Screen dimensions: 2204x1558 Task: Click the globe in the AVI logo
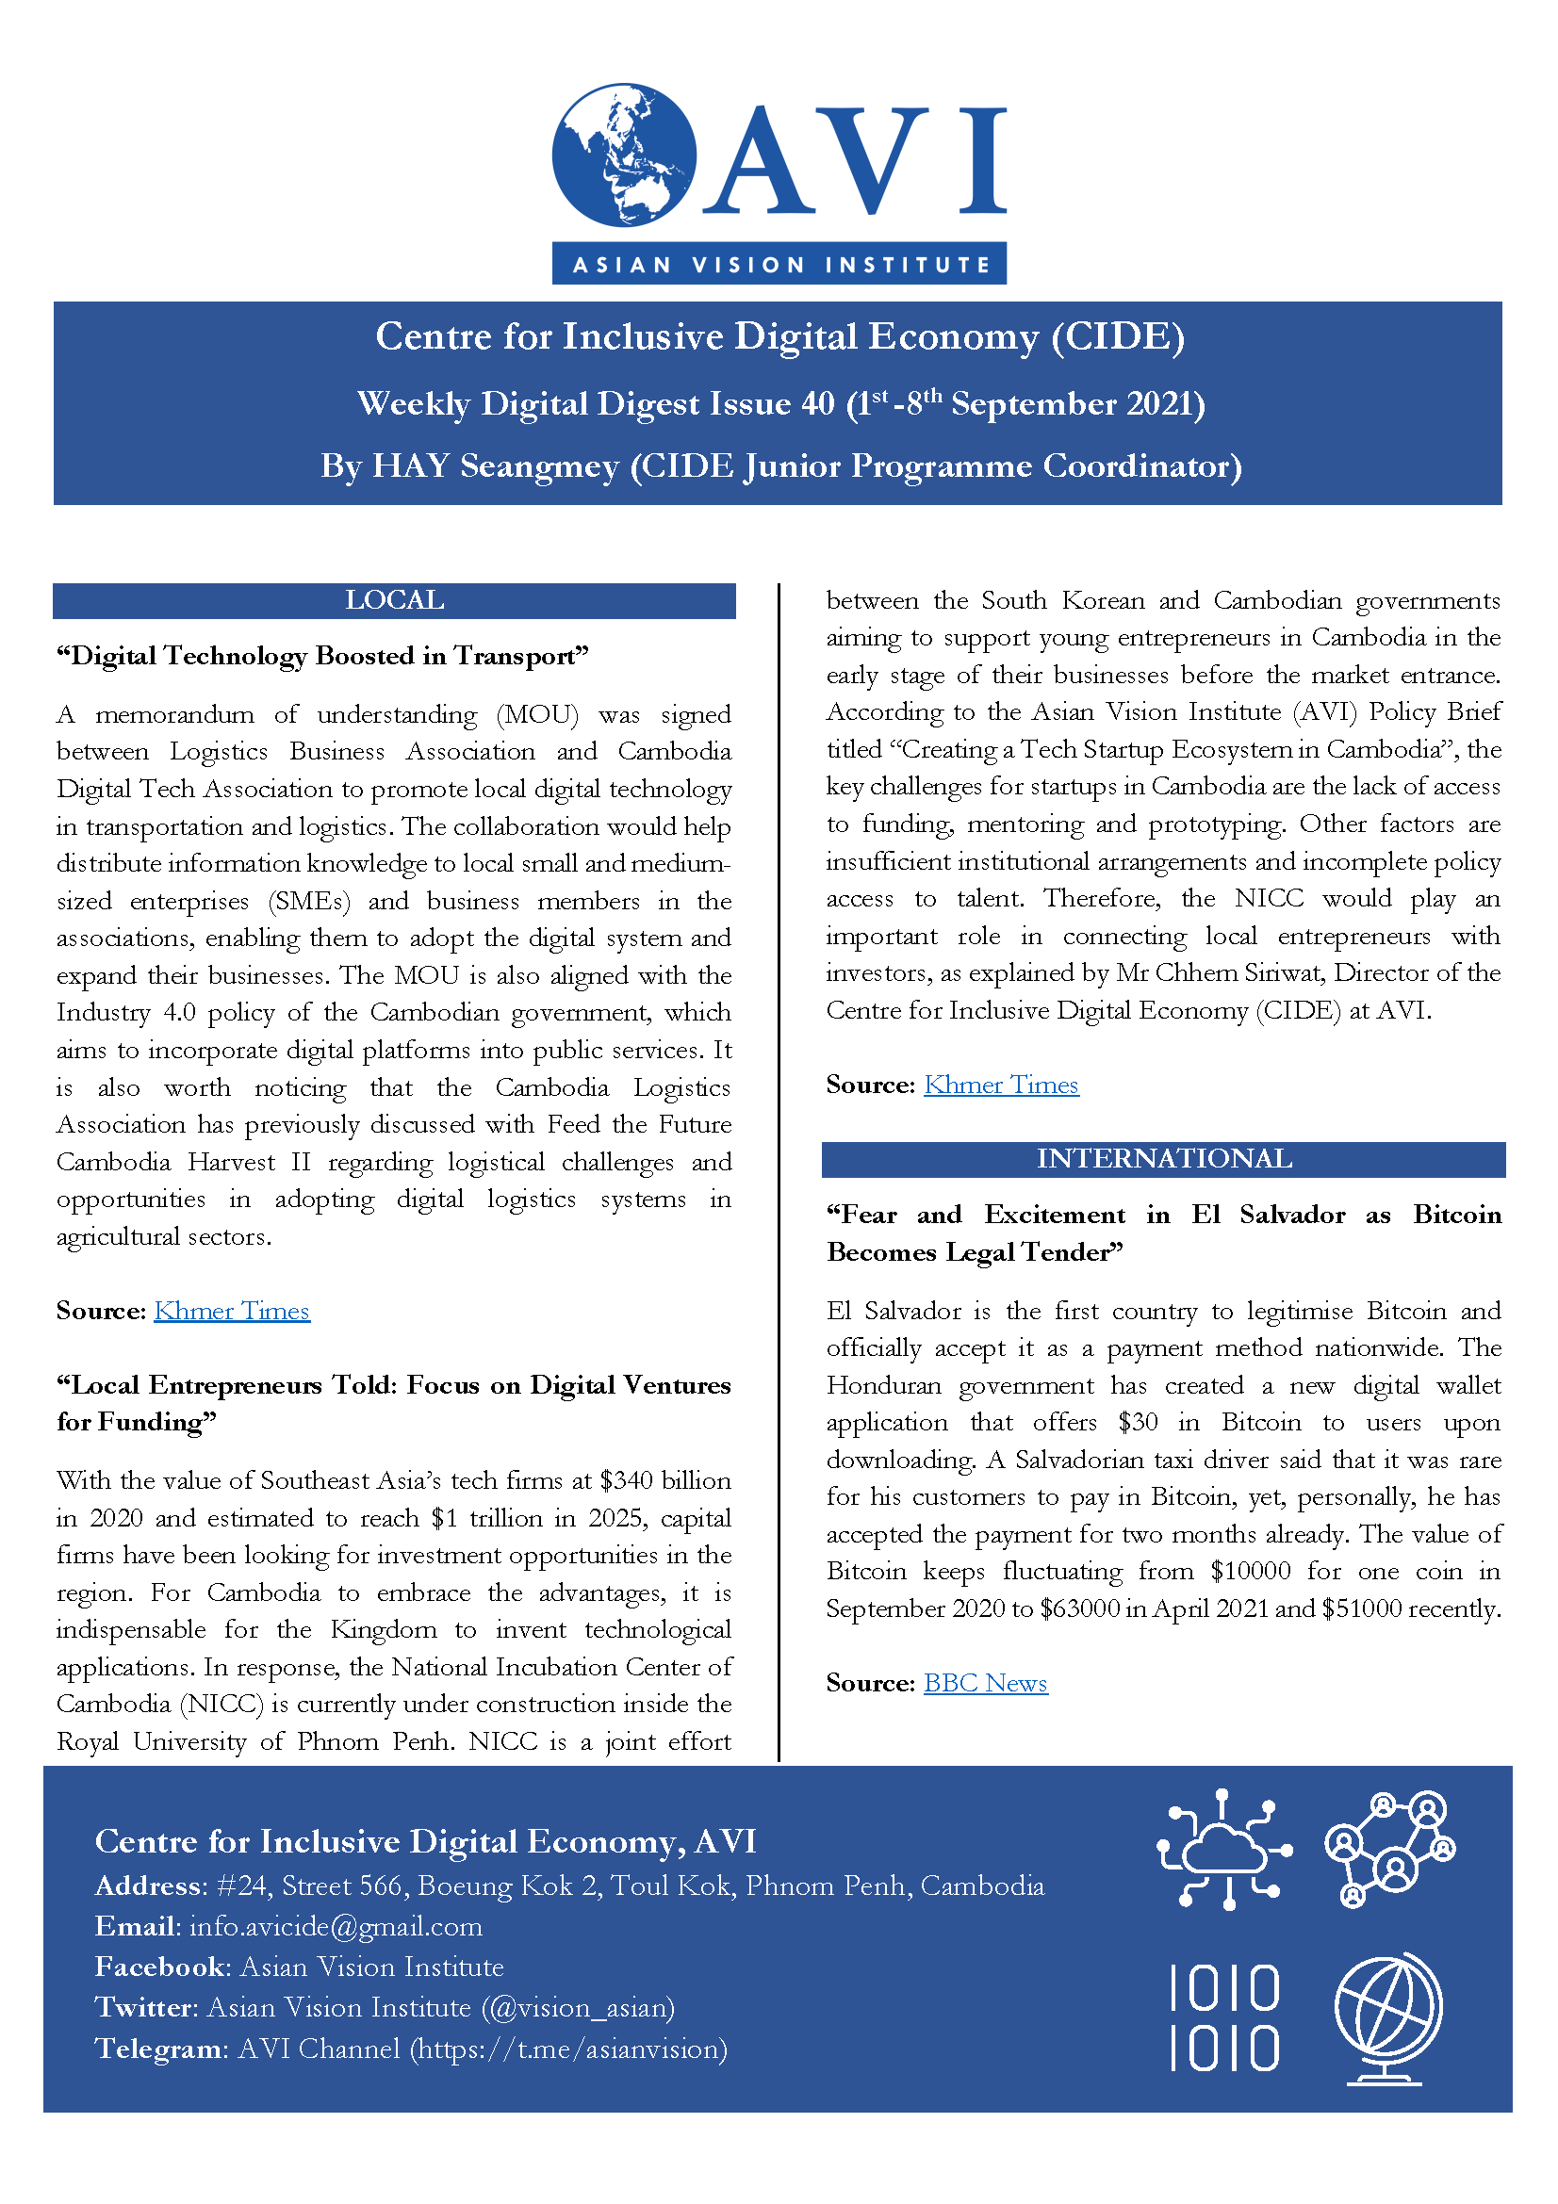point(623,155)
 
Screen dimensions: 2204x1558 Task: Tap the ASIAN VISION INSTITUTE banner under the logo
point(779,264)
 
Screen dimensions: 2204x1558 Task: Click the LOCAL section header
point(395,601)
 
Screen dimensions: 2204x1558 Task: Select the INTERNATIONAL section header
point(1163,1159)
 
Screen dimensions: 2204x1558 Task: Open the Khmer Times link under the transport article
point(231,1311)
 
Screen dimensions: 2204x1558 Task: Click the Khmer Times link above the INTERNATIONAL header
point(1000,1085)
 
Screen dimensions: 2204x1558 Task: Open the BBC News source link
point(985,1683)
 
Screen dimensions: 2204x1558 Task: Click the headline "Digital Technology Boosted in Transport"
point(322,657)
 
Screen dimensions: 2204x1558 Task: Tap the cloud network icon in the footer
point(1224,1848)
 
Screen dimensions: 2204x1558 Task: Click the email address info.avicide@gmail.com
point(336,1927)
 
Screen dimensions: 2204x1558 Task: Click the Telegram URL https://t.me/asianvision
point(569,2049)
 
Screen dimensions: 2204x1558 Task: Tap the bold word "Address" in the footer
point(148,1886)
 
